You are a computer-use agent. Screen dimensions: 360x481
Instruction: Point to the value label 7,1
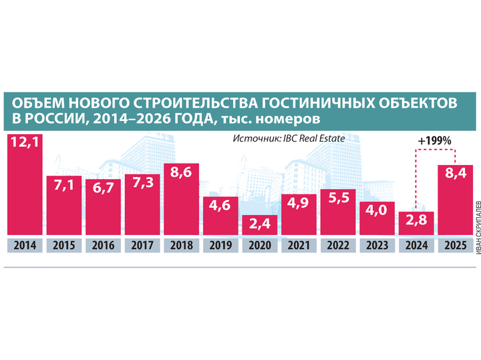64,186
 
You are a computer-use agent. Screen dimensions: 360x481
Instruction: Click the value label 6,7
104,189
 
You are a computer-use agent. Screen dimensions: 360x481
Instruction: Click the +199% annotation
434,142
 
